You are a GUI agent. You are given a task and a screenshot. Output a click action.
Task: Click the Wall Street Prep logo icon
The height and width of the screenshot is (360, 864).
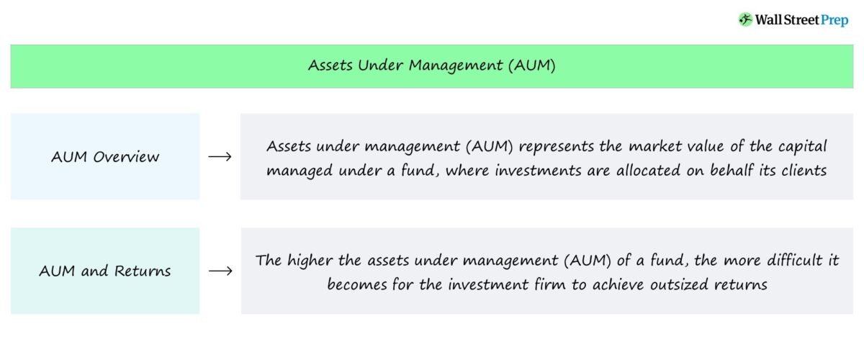(x=745, y=20)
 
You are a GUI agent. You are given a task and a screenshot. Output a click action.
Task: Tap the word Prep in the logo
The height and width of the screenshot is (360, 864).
(x=835, y=20)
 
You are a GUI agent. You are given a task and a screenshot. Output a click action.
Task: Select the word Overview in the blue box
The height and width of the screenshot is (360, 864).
(x=127, y=156)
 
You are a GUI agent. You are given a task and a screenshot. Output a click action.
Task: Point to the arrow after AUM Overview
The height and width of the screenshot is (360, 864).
(x=220, y=156)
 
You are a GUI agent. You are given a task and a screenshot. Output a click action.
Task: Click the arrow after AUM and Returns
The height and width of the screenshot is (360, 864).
(x=220, y=271)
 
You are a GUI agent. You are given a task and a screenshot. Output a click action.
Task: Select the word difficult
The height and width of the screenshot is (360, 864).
(x=780, y=261)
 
